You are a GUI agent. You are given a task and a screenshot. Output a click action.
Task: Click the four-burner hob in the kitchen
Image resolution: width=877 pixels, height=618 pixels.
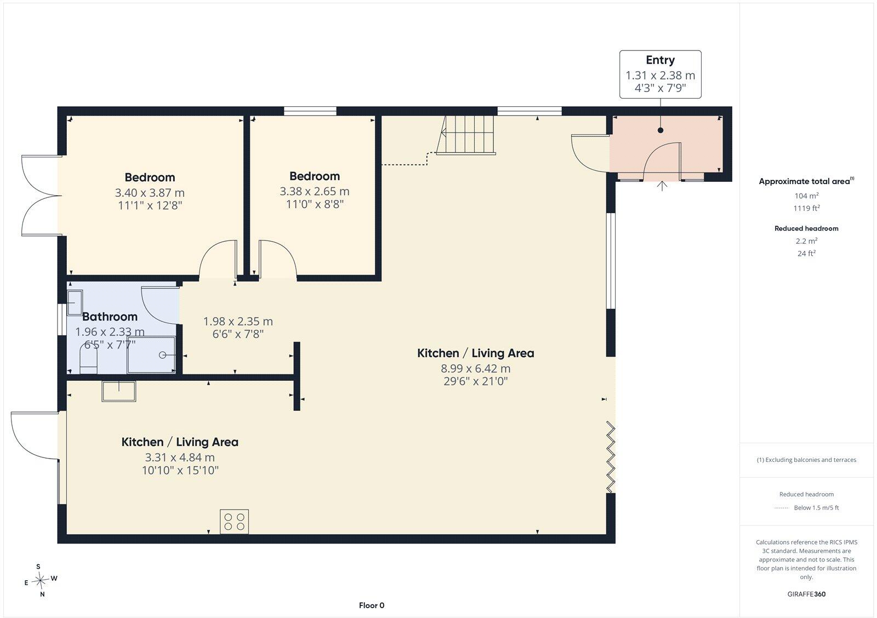[x=234, y=522]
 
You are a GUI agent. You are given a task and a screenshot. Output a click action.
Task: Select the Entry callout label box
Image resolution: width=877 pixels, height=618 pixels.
[x=660, y=75]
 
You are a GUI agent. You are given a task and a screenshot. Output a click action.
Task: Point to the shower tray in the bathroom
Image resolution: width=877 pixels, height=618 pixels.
[x=151, y=354]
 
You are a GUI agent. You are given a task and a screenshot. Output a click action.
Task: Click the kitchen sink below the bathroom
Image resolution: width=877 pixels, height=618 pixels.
[x=118, y=391]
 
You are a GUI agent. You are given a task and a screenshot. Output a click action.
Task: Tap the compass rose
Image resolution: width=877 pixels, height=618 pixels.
[x=41, y=580]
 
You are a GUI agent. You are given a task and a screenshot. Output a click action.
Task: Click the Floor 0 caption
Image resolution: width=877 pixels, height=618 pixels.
[x=372, y=605]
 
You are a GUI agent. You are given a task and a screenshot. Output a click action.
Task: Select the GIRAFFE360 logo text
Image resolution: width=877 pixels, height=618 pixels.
[x=806, y=594]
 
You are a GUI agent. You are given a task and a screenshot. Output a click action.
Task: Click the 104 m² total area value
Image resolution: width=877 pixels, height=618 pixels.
[x=806, y=196]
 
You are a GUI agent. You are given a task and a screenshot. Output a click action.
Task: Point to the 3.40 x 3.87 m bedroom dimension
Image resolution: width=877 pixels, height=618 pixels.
[x=150, y=192]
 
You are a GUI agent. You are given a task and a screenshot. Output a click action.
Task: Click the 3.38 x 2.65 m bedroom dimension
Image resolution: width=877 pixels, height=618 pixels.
[x=315, y=191]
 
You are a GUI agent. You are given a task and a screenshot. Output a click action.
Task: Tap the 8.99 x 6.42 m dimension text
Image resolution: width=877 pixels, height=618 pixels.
[x=476, y=368]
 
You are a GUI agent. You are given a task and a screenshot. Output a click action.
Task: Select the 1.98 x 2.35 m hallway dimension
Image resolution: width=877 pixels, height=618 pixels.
[x=238, y=322]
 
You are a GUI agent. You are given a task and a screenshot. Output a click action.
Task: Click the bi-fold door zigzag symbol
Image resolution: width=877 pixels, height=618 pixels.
[x=611, y=457]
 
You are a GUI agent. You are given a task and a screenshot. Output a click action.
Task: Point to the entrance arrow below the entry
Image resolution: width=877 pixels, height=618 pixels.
[x=662, y=186]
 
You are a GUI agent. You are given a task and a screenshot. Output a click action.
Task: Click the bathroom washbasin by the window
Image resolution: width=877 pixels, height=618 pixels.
[x=75, y=302]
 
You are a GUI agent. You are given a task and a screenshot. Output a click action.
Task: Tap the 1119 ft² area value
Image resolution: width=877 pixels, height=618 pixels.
[x=806, y=208]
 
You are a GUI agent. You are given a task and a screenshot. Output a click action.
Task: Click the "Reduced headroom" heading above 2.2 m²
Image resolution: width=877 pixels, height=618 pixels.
[x=806, y=228]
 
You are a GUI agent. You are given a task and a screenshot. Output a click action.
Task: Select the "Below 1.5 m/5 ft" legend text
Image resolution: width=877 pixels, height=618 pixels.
[x=816, y=508]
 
